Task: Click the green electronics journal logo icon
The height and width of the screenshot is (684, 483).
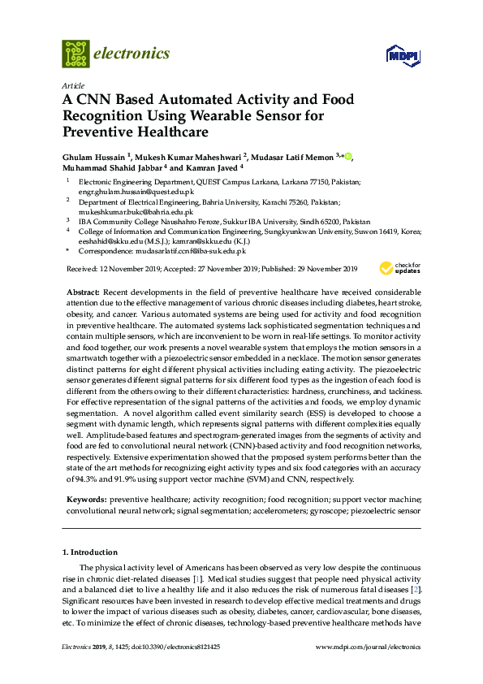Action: pyautogui.click(x=75, y=54)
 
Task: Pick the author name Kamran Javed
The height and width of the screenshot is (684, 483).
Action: pyautogui.click(x=218, y=170)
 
